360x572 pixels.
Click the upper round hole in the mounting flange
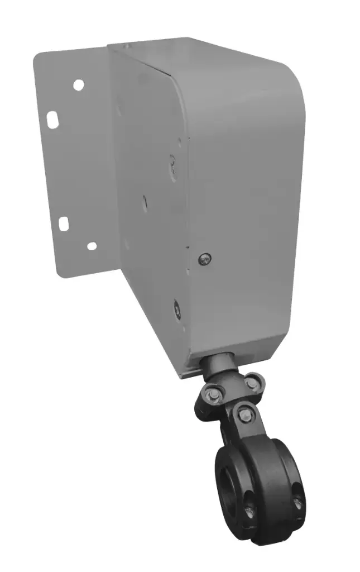coord(79,85)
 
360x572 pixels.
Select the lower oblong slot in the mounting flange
coord(64,223)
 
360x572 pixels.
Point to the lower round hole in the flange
coord(92,246)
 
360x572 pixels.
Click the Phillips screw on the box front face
coord(204,258)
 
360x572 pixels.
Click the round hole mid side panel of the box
coord(144,201)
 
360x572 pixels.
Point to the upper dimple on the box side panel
coord(172,163)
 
